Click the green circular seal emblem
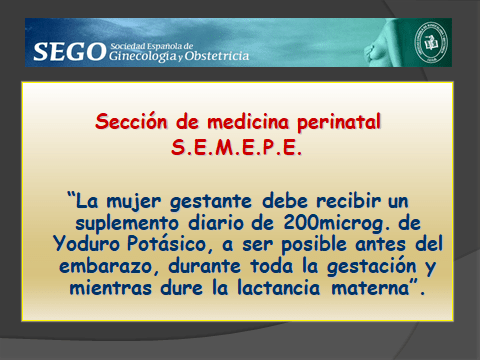coord(433,44)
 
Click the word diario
coord(214,220)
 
